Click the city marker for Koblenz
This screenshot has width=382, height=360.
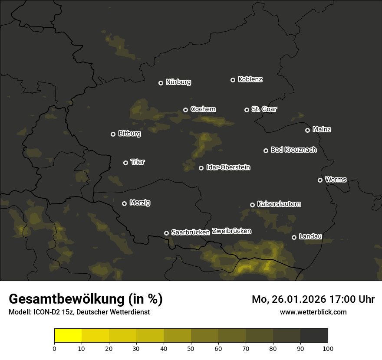coord(233,80)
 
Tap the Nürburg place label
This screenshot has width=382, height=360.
coord(178,82)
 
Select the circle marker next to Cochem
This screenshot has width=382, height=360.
coord(185,110)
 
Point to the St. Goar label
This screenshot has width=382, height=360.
coord(264,109)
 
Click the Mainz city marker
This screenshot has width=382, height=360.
coord(307,130)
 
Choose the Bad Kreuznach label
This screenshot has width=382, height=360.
coord(293,150)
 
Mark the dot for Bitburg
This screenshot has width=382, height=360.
coord(113,134)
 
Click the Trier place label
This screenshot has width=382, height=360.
coord(138,162)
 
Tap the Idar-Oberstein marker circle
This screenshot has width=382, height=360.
coord(201,168)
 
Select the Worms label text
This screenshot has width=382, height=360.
coord(336,179)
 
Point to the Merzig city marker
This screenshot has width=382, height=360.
coord(124,203)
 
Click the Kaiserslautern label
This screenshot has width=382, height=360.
coord(279,204)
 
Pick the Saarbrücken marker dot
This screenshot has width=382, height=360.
coord(166,233)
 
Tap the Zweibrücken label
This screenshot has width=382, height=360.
coord(231,231)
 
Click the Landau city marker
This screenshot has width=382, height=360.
coord(294,237)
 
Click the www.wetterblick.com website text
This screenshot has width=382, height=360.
coord(313,312)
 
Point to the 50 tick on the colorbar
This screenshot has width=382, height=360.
coord(191,348)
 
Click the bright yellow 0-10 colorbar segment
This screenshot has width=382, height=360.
coord(68,336)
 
